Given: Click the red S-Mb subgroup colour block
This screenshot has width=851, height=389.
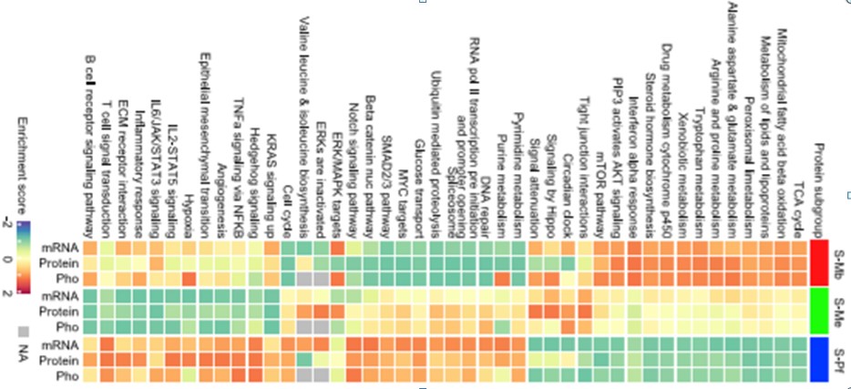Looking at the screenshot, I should click(x=818, y=262).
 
